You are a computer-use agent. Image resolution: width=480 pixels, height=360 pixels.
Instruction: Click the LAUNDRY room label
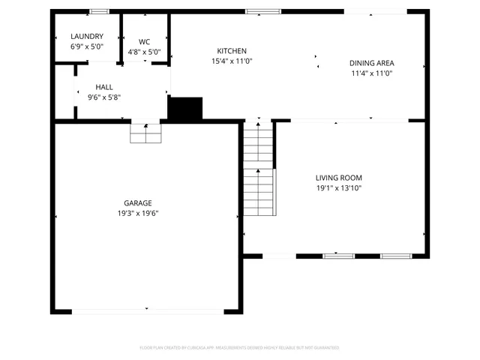pos(86,37)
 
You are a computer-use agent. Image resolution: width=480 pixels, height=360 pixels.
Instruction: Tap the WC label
pos(145,42)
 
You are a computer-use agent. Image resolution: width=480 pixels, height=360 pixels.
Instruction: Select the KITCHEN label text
pos(231,51)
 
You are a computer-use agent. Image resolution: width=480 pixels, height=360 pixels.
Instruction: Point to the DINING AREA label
pos(372,63)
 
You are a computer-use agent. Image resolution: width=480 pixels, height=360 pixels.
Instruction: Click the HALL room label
pos(103,87)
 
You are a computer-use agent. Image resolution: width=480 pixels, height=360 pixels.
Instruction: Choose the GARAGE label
pos(138,203)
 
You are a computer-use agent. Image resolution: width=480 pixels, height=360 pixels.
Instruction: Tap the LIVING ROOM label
pos(338,178)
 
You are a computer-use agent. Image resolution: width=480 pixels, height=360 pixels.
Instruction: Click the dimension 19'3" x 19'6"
pos(138,213)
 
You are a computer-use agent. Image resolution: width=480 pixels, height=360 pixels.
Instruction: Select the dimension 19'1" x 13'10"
pos(338,188)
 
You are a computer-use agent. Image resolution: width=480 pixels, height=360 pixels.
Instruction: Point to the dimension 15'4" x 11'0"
pos(232,61)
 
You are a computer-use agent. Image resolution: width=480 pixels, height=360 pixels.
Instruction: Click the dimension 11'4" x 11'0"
pos(372,73)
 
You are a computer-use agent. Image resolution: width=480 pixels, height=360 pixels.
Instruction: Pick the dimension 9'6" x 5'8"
pos(103,97)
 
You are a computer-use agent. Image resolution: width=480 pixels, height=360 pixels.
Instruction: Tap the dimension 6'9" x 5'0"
pos(86,46)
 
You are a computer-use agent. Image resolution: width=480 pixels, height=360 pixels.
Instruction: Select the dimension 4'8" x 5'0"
pos(145,52)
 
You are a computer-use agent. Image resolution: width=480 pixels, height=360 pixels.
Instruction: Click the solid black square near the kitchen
pos(185,109)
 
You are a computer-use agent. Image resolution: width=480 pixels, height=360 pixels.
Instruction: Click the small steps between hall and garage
pos(145,133)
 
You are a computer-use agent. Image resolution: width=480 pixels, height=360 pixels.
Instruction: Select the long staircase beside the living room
pos(259,169)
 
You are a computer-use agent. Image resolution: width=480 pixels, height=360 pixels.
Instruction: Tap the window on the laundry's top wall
pos(98,11)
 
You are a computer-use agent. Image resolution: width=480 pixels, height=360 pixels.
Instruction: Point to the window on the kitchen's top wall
pos(262,11)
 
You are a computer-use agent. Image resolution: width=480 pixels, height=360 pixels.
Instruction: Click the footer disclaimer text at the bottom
pos(240,348)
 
